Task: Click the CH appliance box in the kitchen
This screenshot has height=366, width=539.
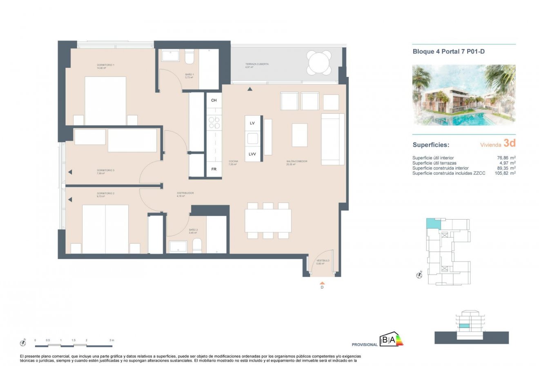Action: point(214,100)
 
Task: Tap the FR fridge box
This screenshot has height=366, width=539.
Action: point(214,169)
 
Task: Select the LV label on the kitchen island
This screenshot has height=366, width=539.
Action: point(252,123)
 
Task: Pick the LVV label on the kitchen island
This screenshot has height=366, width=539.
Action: point(252,154)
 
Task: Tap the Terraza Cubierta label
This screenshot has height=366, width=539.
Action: point(257,65)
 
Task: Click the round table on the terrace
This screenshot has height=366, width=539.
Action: point(319,63)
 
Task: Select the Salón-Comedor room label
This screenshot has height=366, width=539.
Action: point(296,162)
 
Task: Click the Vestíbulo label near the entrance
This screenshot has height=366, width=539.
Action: point(323,262)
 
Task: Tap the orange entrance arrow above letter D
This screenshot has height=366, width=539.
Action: point(322,283)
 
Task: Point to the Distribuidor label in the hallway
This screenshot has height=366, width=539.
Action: point(185,194)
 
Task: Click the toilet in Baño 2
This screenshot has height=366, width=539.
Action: point(197,245)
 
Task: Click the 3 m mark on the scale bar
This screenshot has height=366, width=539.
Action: point(111,340)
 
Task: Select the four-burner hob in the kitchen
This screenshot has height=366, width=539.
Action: point(214,123)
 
